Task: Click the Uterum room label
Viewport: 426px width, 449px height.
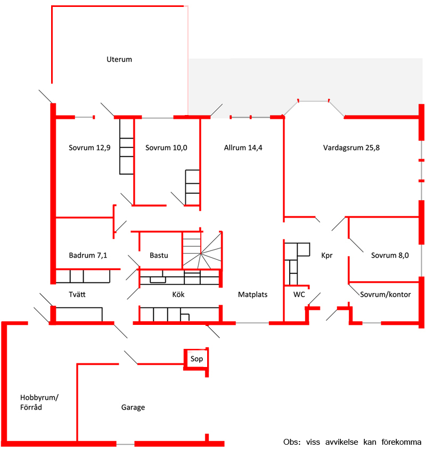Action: [119, 59]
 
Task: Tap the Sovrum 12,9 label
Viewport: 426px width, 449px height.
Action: [89, 148]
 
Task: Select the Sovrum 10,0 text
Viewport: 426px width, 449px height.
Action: [166, 148]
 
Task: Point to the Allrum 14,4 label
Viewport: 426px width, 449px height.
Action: [243, 148]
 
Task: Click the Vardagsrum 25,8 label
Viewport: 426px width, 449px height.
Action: [351, 148]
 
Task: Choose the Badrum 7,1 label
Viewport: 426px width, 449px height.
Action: [88, 255]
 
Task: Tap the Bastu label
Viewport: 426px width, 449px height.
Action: [159, 255]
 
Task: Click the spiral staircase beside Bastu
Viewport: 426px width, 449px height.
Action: [202, 250]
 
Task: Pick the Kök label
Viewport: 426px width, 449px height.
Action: [178, 295]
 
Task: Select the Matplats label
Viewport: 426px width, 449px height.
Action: [252, 295]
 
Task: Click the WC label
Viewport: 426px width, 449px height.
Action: [299, 295]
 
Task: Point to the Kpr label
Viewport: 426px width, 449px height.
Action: [326, 256]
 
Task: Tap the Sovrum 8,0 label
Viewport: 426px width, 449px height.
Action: [390, 255]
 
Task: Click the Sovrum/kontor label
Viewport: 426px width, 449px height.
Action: [385, 295]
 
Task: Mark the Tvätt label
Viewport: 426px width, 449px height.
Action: [77, 295]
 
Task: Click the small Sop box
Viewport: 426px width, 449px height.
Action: [196, 360]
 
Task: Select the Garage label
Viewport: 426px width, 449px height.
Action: [133, 407]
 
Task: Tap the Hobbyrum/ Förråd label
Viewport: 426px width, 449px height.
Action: [39, 402]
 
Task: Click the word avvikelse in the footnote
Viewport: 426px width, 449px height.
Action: [341, 442]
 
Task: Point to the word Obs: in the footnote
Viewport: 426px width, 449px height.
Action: [292, 442]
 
